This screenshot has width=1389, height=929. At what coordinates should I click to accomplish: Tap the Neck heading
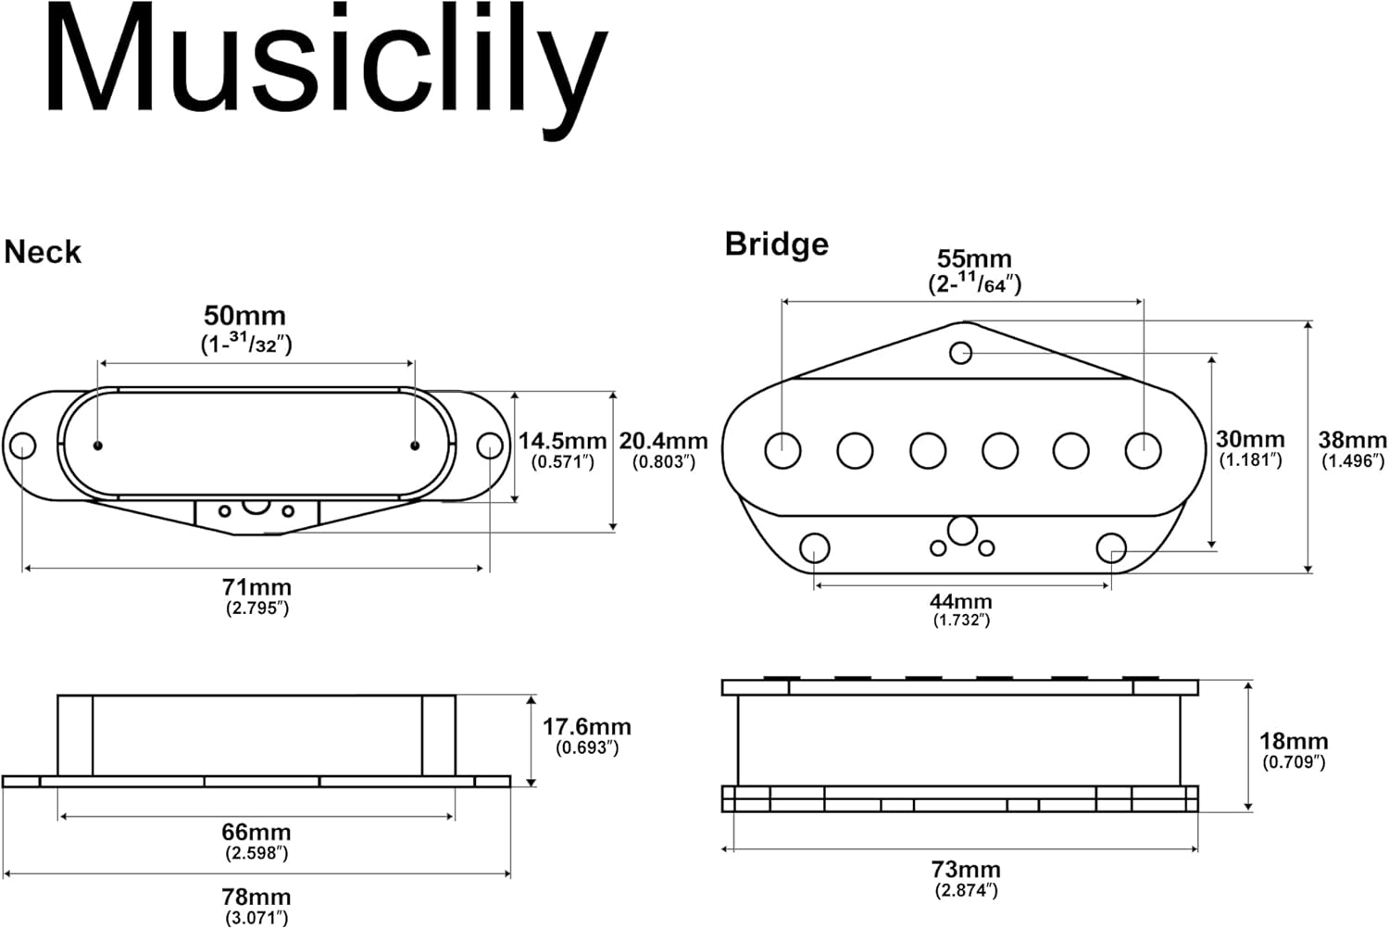point(43,252)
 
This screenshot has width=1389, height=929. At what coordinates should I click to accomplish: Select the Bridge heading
point(776,244)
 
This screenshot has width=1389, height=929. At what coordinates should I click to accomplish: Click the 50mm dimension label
point(245,316)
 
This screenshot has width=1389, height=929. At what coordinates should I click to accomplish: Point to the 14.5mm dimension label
point(562,442)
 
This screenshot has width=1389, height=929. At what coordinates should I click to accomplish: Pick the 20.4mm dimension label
point(663,442)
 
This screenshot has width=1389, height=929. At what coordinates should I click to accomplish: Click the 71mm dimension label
point(257,587)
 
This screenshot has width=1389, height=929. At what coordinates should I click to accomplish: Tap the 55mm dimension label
point(974,259)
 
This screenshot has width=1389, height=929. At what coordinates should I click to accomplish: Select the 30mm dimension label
point(1250,439)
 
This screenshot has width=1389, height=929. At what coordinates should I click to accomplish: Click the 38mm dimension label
point(1352,440)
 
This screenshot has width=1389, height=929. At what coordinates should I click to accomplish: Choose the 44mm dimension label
point(961,601)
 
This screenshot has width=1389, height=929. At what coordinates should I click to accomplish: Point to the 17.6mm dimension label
point(586,727)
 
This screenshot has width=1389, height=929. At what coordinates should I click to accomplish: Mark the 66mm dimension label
point(257,832)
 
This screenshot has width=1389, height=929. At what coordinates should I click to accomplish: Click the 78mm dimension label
point(257,897)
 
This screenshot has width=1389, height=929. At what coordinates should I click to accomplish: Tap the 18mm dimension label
point(1294,741)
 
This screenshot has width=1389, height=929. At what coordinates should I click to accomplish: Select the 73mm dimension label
point(966,870)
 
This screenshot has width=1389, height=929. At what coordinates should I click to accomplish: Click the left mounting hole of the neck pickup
point(22,446)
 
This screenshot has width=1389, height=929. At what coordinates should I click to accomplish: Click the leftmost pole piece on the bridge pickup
point(782,450)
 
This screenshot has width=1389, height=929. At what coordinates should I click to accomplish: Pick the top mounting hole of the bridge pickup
point(961,353)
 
